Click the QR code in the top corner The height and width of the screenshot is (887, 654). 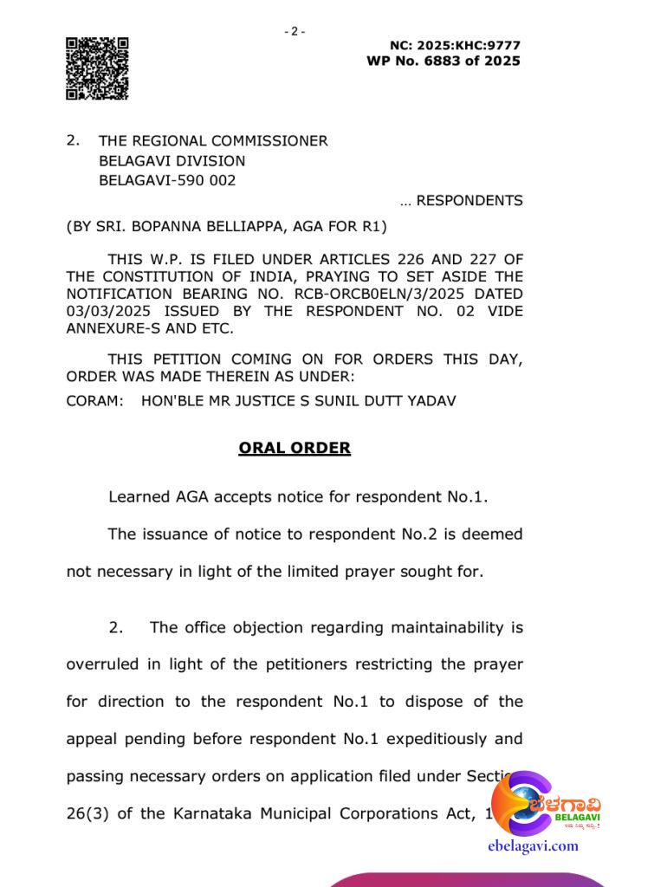pos(97,68)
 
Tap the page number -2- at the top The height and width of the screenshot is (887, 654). pos(295,31)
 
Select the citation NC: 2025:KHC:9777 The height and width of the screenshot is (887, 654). pos(455,45)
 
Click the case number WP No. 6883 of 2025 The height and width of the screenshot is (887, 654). pos(444,61)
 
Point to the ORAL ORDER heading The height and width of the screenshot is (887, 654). pos(295,449)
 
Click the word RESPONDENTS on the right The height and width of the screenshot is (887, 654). pos(469,201)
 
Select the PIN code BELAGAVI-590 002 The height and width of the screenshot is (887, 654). pos(167,181)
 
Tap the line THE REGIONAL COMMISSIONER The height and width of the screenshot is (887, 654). pos(213,141)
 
